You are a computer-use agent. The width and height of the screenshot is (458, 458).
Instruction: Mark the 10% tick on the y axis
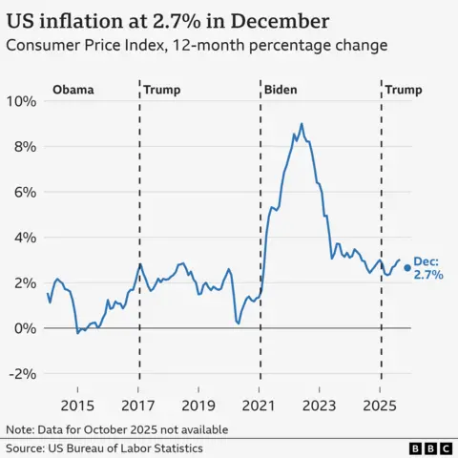click(x=21, y=101)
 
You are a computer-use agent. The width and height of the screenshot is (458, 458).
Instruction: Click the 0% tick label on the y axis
click(x=25, y=328)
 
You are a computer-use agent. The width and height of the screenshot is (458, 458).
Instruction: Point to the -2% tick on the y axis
click(x=23, y=373)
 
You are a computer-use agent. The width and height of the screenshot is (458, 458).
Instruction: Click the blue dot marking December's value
click(x=407, y=267)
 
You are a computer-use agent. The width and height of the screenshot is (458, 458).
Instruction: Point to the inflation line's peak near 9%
click(x=302, y=123)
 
